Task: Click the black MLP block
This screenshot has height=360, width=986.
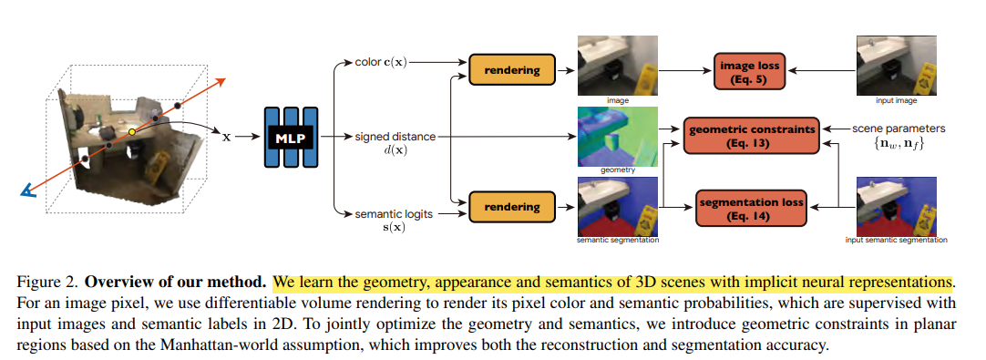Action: (291, 137)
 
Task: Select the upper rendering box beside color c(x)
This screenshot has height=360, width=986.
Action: (512, 70)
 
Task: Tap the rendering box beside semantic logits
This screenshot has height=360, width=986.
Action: (512, 207)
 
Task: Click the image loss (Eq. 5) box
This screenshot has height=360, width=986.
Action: (749, 72)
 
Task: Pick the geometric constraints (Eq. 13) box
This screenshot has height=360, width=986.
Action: (752, 135)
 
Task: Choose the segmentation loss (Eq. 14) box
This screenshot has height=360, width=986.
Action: (751, 209)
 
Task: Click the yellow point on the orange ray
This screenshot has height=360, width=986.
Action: (132, 132)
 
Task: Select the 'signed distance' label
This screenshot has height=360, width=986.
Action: (395, 136)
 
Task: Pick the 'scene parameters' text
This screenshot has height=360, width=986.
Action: (898, 129)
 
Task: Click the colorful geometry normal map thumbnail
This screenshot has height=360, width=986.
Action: (618, 136)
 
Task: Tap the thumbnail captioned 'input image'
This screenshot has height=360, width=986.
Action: (897, 66)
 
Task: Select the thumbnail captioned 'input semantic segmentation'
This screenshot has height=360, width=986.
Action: (897, 207)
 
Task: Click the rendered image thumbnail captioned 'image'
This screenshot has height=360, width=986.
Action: (618, 66)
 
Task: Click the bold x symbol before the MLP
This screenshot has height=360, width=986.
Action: (226, 136)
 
